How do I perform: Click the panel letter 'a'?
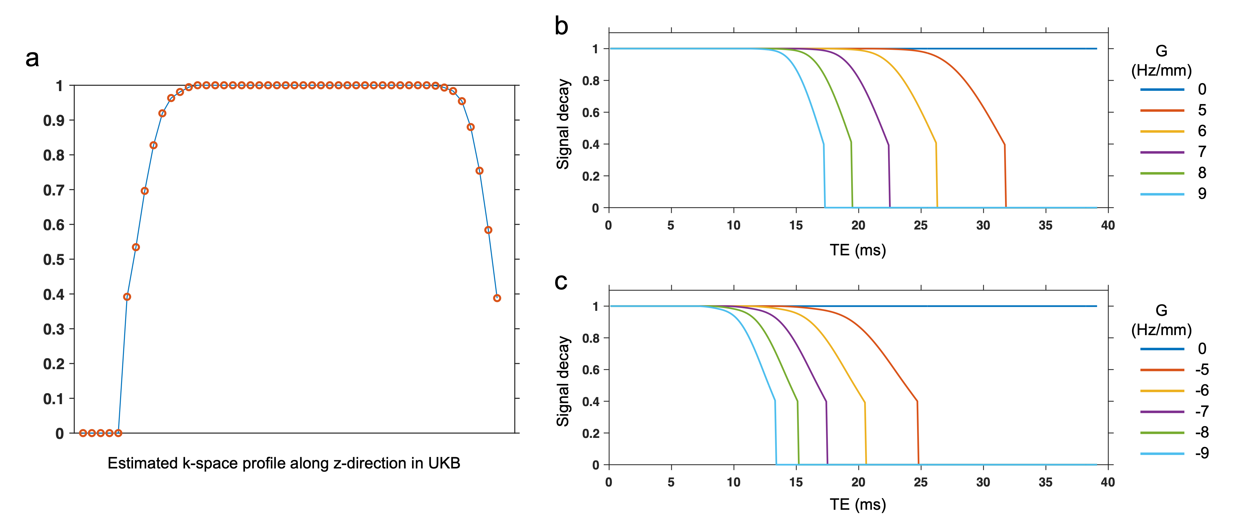coord(32,59)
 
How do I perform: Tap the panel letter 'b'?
coord(561,26)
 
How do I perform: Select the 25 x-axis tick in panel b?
coord(921,225)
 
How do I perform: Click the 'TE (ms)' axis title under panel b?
coord(858,250)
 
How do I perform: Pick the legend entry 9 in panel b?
coord(1201,194)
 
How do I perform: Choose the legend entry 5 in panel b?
coord(1201,110)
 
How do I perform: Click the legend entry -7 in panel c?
coord(1201,411)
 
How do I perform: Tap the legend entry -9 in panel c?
coord(1201,453)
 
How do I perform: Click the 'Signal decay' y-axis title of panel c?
coord(563,381)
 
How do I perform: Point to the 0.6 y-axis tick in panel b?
coord(590,113)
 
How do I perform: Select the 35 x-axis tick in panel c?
coord(1045,482)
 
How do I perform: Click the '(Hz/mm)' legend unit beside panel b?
coord(1161,71)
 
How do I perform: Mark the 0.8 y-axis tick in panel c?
coord(590,338)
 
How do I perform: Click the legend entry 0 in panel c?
coord(1201,349)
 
